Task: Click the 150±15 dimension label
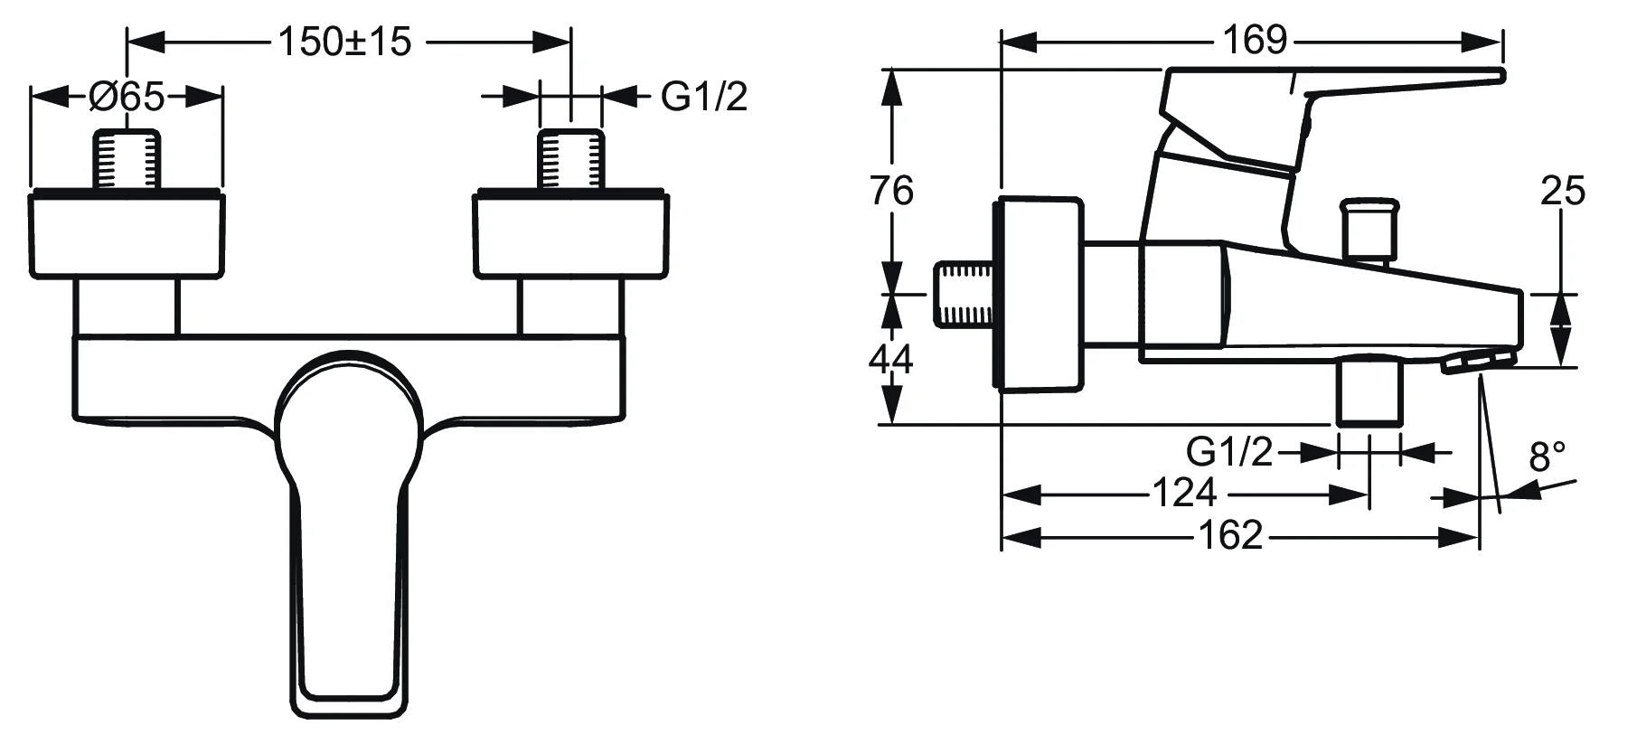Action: tap(344, 42)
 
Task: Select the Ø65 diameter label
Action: tap(127, 96)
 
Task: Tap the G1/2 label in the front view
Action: tap(704, 96)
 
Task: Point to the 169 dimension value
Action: tap(1254, 40)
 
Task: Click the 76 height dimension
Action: tap(891, 191)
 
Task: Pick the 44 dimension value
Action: tap(891, 360)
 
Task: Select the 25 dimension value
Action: tap(1563, 191)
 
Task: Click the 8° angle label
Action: tap(1548, 457)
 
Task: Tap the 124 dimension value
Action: tap(1184, 494)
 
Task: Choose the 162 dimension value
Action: tap(1230, 536)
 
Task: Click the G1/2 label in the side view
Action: tap(1229, 451)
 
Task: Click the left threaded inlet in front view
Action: tap(127, 160)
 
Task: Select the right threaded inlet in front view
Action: tap(571, 160)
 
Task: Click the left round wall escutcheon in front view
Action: tap(127, 234)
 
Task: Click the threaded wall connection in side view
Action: tap(964, 294)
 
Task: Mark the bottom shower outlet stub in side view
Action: tap(1369, 391)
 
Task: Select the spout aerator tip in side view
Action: tap(1477, 363)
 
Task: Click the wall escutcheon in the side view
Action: tap(1040, 295)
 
